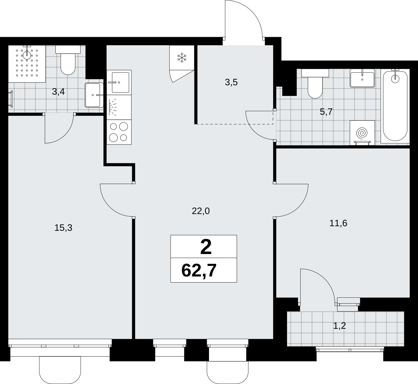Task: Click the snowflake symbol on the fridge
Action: pyautogui.click(x=182, y=58)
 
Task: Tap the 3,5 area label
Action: pyautogui.click(x=231, y=83)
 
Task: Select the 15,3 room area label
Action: pyautogui.click(x=63, y=228)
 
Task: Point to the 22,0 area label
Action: pyautogui.click(x=201, y=211)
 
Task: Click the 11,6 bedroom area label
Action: pyautogui.click(x=338, y=223)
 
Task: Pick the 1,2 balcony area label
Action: pyautogui.click(x=340, y=326)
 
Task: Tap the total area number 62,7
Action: pyautogui.click(x=199, y=270)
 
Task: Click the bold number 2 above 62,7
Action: pyautogui.click(x=206, y=247)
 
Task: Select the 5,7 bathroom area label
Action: pyautogui.click(x=326, y=112)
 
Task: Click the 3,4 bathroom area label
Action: pyautogui.click(x=58, y=92)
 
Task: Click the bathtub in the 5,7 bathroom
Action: pyautogui.click(x=395, y=106)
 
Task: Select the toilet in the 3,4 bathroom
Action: pyautogui.click(x=68, y=60)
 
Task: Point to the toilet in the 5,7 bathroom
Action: pyautogui.click(x=315, y=84)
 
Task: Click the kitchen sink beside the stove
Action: pyautogui.click(x=119, y=83)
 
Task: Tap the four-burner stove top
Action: pyautogui.click(x=119, y=132)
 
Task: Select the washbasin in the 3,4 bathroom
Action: pyautogui.click(x=94, y=95)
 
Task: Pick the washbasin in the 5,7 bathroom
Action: pyautogui.click(x=362, y=78)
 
